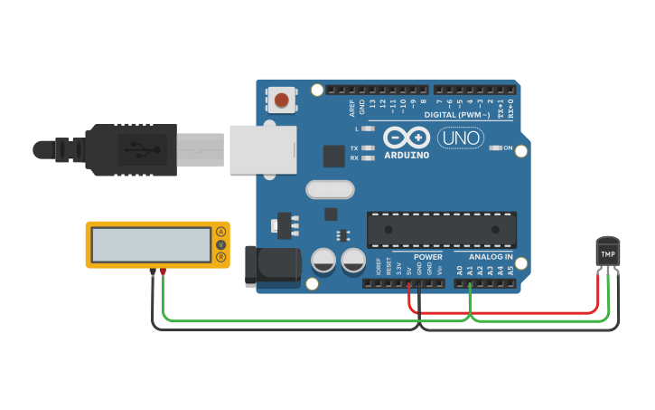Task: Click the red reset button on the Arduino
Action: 283,100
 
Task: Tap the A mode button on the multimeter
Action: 220,233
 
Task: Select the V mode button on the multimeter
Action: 220,245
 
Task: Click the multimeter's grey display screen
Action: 151,244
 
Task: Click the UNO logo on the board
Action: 461,138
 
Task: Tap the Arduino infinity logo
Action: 406,137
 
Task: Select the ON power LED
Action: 495,148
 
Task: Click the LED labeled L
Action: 368,129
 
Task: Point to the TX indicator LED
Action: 368,148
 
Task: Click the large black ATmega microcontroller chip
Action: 441,230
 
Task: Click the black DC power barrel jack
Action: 273,265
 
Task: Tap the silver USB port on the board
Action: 263,149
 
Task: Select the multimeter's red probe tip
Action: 163,271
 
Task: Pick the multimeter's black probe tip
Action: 152,271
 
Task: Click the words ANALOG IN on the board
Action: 491,257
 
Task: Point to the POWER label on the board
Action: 428,257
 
